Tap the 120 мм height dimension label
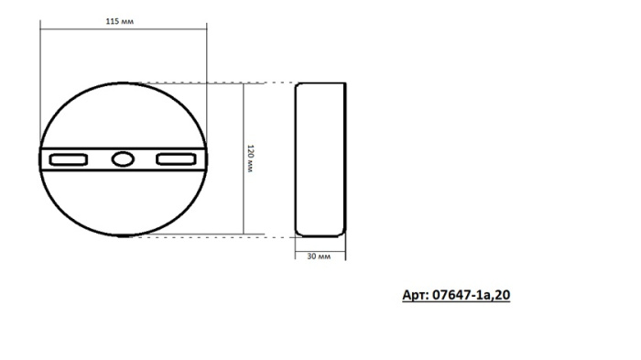coord(251,158)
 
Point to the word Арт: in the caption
coord(418,295)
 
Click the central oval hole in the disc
coord(122,159)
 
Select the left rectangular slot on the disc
coord(69,159)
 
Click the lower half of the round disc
coord(122,206)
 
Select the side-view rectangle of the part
coord(321,158)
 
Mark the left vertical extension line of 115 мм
coord(40,82)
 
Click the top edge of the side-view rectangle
coord(321,82)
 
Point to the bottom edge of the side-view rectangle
coord(321,235)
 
